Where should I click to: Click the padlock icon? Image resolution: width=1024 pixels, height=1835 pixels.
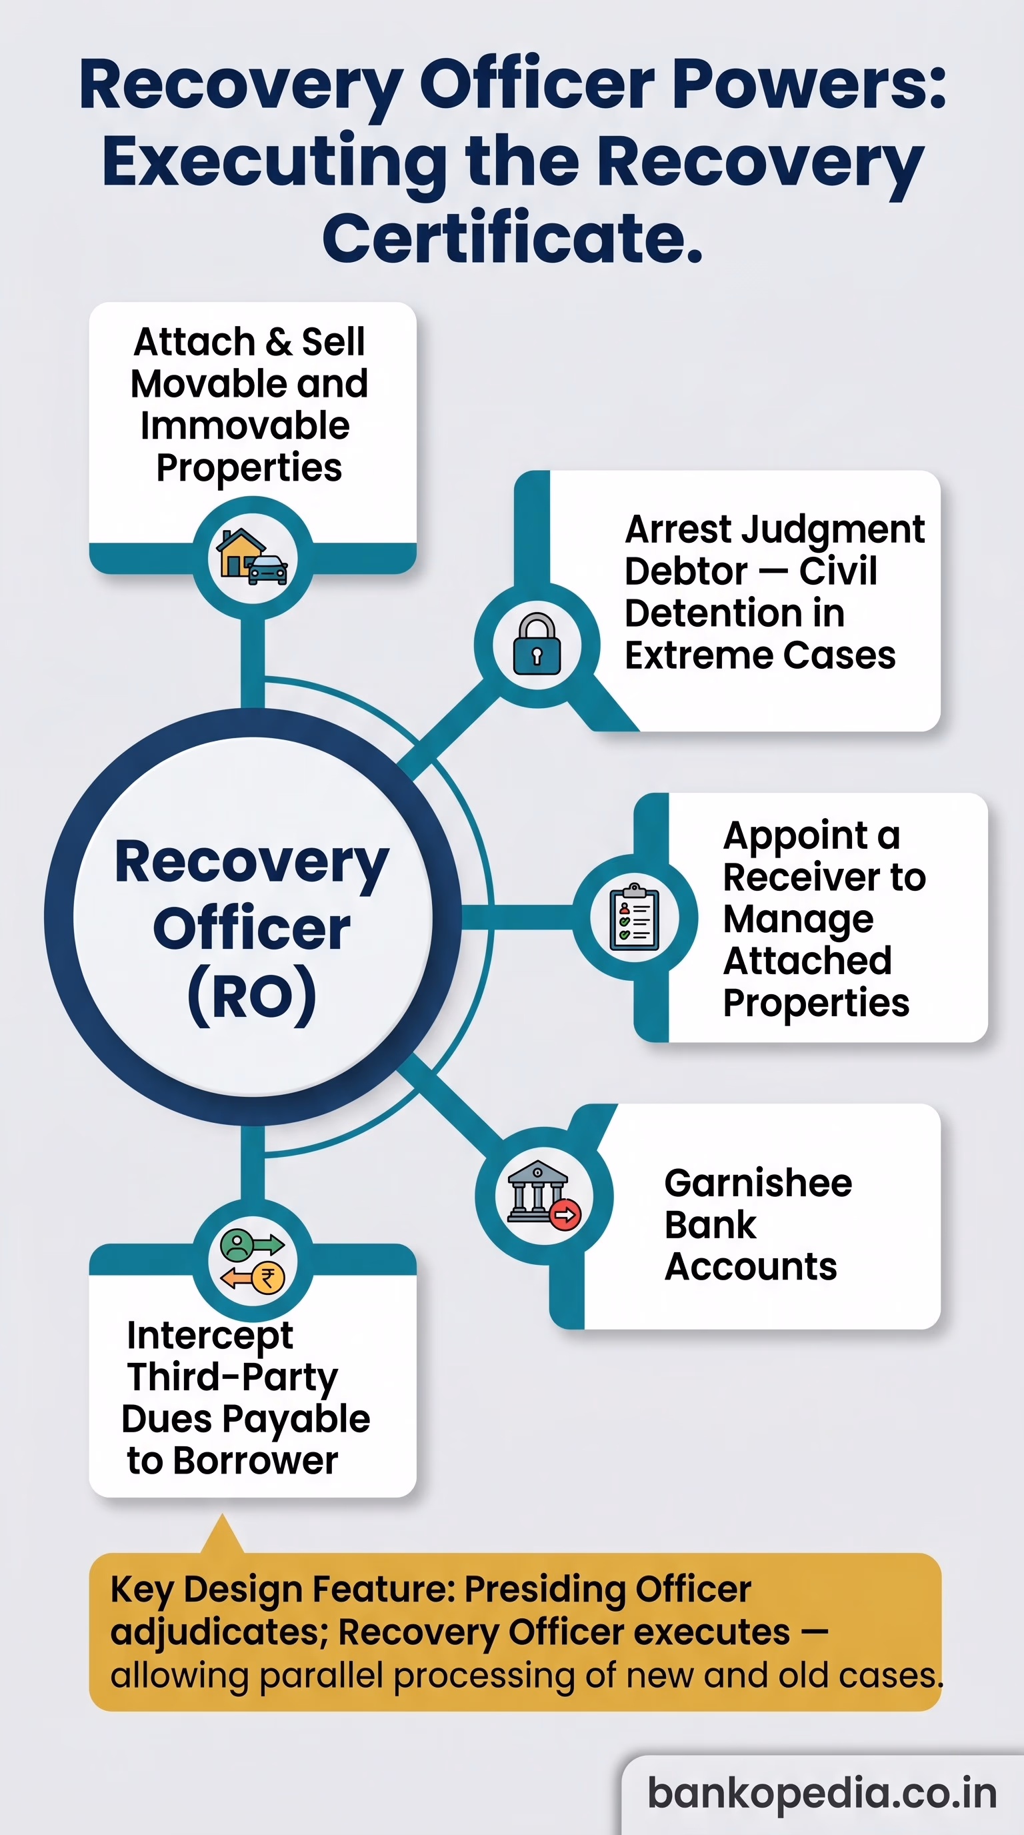click(537, 644)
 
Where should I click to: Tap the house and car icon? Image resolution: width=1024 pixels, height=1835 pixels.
click(252, 557)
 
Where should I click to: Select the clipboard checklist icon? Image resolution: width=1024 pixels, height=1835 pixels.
click(635, 917)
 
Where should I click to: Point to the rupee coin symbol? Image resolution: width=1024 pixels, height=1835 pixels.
click(269, 1279)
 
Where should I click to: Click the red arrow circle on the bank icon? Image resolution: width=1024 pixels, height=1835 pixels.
click(565, 1214)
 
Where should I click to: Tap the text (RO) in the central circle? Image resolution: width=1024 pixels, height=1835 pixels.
click(252, 995)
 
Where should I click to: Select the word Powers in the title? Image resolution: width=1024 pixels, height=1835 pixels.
click(809, 85)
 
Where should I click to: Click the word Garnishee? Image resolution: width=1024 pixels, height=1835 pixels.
click(758, 1183)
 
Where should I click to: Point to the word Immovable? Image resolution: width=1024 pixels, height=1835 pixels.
click(245, 425)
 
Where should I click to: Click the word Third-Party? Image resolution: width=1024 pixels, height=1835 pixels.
click(232, 1378)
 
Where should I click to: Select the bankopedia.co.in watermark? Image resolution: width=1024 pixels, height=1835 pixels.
click(823, 1793)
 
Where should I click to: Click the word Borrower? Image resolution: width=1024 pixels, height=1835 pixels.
click(255, 1461)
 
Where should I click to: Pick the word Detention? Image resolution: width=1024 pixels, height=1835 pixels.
click(735, 613)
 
